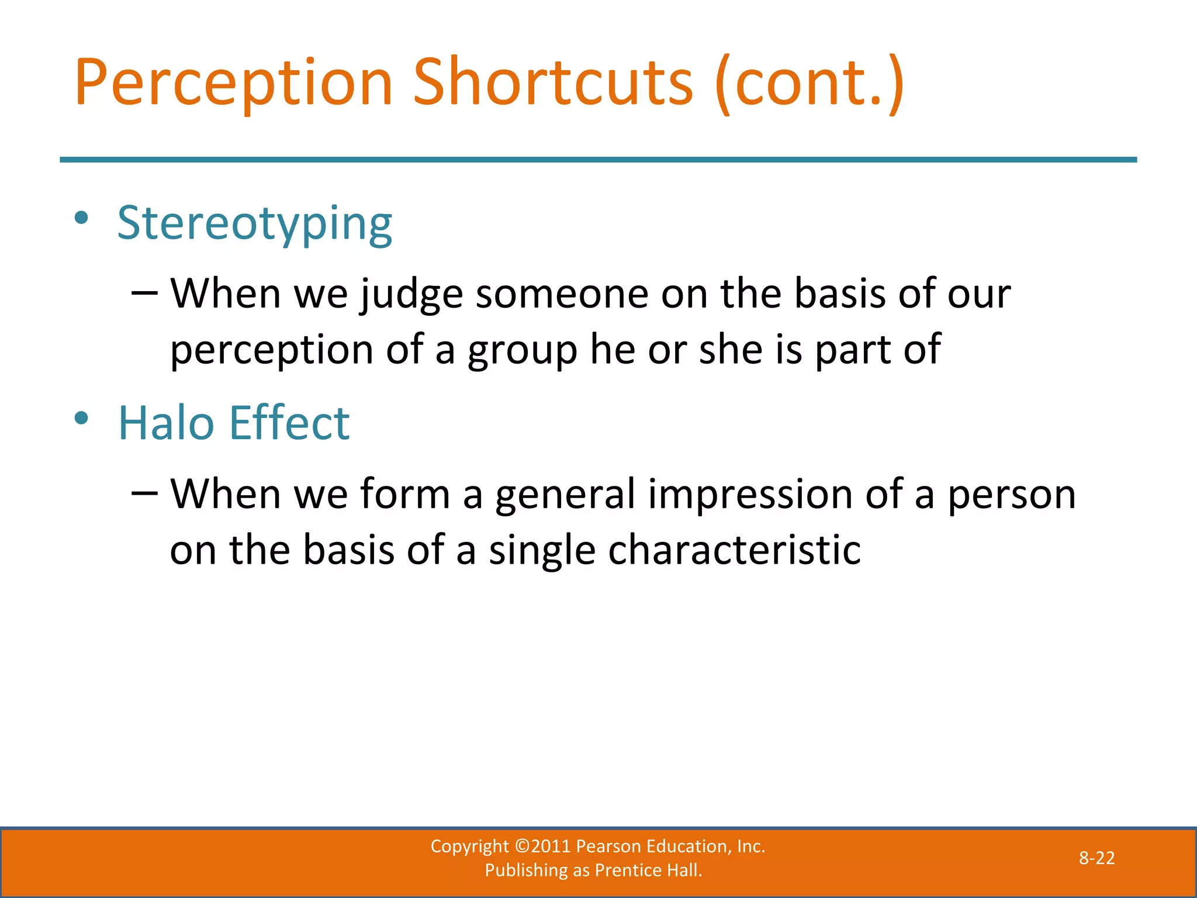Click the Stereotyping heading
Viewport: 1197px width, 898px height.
point(255,224)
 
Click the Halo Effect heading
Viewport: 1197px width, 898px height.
point(234,423)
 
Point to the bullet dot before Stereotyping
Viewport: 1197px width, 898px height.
point(81,219)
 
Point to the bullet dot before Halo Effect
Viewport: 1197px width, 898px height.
point(81,418)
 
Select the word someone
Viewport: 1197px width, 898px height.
point(562,294)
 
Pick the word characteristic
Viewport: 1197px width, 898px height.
point(734,551)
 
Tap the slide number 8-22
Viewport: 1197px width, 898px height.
point(1096,858)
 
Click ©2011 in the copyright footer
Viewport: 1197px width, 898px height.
point(542,847)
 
